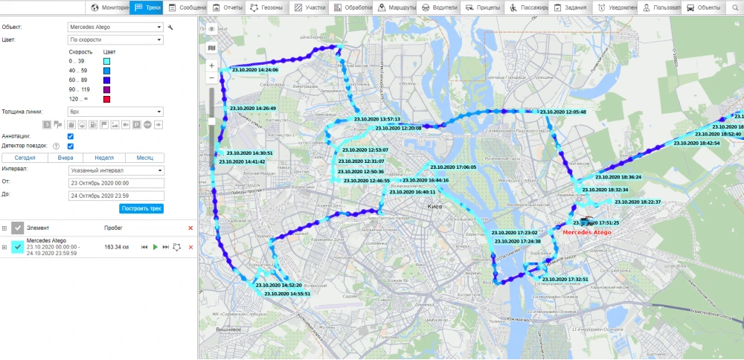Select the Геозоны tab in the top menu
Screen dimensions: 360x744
266,7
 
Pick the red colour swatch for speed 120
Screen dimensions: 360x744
107,99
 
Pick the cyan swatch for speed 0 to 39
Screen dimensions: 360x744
107,60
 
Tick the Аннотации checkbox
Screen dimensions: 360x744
70,136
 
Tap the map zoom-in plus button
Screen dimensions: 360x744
212,65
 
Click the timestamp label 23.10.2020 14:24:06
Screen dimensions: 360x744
254,70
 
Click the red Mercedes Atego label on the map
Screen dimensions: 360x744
587,233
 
